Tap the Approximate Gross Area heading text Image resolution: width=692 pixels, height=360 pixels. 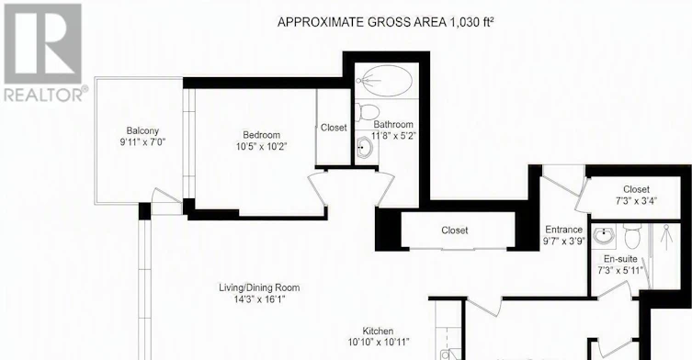click(x=385, y=22)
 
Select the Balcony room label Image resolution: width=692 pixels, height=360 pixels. click(x=142, y=131)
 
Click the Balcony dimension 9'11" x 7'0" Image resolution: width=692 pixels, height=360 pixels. click(x=142, y=142)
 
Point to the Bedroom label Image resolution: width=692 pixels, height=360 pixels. click(x=262, y=135)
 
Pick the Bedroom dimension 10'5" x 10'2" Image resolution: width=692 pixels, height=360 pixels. click(x=262, y=146)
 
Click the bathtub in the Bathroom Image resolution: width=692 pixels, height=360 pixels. click(x=384, y=81)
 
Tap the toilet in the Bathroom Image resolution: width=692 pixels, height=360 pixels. click(x=368, y=112)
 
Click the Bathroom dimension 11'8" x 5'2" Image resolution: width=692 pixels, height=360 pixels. click(x=394, y=136)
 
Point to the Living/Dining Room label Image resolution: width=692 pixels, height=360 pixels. click(x=259, y=287)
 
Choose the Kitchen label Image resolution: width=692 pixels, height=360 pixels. click(x=378, y=331)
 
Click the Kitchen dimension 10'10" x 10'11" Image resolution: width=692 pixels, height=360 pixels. click(x=379, y=342)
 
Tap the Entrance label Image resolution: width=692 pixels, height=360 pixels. click(x=564, y=230)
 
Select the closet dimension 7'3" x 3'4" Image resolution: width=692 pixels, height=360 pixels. click(x=636, y=201)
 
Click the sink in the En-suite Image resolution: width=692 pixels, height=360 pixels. click(x=604, y=236)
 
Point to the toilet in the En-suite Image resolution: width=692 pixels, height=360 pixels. click(x=632, y=236)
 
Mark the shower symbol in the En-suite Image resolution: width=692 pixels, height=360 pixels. click(x=666, y=237)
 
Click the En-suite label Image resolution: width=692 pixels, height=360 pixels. click(x=620, y=259)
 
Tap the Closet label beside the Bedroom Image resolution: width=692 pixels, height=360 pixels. click(x=334, y=128)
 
